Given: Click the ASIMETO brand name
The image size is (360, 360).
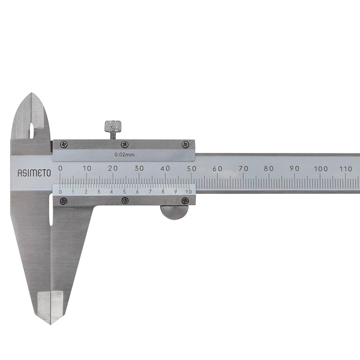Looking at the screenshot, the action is coord(34,173).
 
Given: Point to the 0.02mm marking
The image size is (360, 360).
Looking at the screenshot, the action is coord(124,155).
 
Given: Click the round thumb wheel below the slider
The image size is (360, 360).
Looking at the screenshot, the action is coord(174,212).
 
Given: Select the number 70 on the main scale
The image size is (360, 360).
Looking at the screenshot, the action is coord(244,169).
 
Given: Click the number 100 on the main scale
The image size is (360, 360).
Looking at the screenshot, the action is coord(321,169).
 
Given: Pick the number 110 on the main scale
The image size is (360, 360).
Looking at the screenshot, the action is coord(346,169).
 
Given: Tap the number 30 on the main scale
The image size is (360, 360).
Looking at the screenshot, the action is coord(139,168).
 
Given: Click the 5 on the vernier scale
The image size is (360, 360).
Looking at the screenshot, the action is coord(124,192).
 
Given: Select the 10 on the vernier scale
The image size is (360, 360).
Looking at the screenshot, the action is coord(188,192).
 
